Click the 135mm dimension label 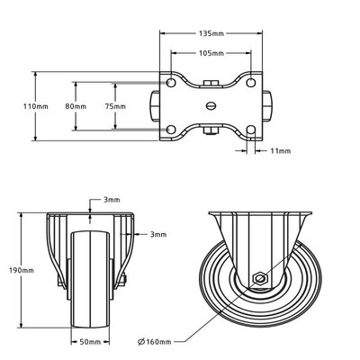click(210, 33)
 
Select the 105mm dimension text click(210, 53)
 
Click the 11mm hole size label click(280, 151)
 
